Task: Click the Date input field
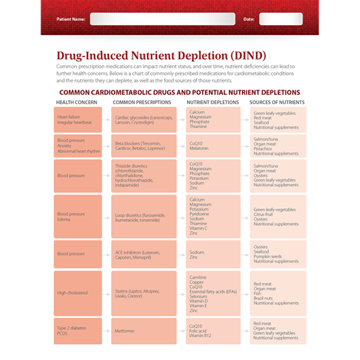click(x=280, y=18)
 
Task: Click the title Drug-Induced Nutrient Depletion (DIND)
click(x=161, y=56)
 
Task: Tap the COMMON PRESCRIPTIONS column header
click(x=142, y=102)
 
